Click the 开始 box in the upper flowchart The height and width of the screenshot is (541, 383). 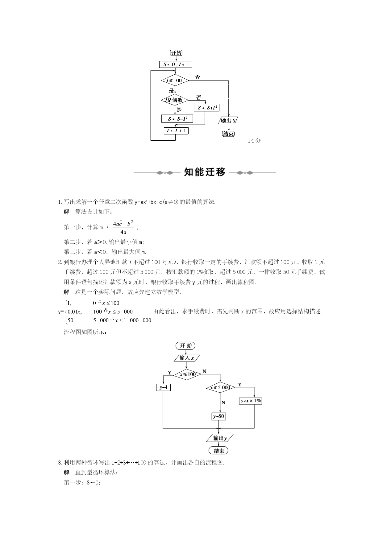click(176, 53)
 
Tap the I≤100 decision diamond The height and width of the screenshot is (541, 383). click(175, 81)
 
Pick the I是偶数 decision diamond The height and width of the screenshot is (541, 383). click(175, 100)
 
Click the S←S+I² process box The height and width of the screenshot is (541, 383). click(206, 108)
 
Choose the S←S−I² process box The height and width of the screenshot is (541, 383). click(177, 119)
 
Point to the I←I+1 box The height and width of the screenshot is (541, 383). click(176, 131)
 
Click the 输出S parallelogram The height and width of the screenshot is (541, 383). click(229, 121)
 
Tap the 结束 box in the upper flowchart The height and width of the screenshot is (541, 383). click(228, 134)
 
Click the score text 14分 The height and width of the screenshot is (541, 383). click(254, 141)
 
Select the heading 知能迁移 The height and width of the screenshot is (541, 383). click(205, 172)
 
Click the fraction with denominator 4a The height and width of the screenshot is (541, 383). click(123, 227)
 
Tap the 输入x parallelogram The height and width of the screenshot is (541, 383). click(187, 358)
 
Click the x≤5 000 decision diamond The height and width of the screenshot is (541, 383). click(220, 388)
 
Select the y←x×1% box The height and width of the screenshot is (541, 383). click(251, 401)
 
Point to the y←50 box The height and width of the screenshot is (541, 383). click(219, 416)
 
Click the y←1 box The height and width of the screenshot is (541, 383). click(164, 387)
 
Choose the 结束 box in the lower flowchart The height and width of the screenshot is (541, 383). click(219, 451)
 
